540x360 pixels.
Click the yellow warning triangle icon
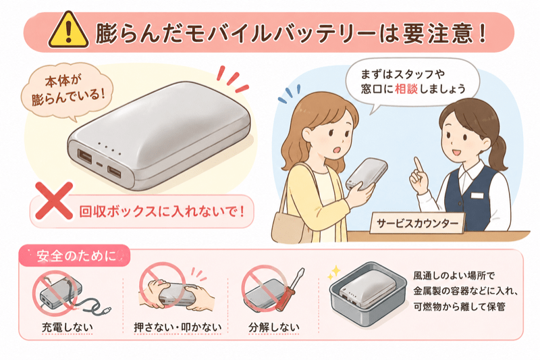(x=69, y=30)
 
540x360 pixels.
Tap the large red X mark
(x=55, y=201)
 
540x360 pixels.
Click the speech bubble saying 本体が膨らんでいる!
(x=67, y=91)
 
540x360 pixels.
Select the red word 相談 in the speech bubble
(x=406, y=89)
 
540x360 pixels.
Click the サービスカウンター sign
(x=417, y=224)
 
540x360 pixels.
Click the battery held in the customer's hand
(x=366, y=174)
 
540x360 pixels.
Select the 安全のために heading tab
(x=74, y=256)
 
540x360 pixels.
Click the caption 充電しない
(x=67, y=328)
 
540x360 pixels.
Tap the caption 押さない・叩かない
(x=178, y=328)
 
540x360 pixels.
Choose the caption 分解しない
(x=274, y=328)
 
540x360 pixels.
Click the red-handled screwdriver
(x=290, y=290)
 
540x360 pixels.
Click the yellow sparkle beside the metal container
(x=333, y=272)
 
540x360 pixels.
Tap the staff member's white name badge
(x=477, y=196)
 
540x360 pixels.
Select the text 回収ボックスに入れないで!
(x=162, y=211)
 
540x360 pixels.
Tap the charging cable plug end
(x=107, y=311)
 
